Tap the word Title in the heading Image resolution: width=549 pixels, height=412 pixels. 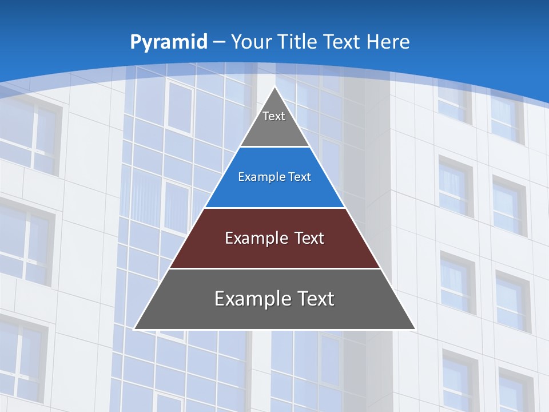tap(299, 42)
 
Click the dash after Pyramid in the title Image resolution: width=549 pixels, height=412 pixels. tap(218, 42)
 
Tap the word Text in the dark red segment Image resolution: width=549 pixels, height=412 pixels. tap(307, 238)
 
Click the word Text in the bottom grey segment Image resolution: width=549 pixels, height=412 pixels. tap(314, 299)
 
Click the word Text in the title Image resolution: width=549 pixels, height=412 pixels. tap(343, 42)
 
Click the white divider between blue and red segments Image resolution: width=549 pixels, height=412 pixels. tap(274, 208)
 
